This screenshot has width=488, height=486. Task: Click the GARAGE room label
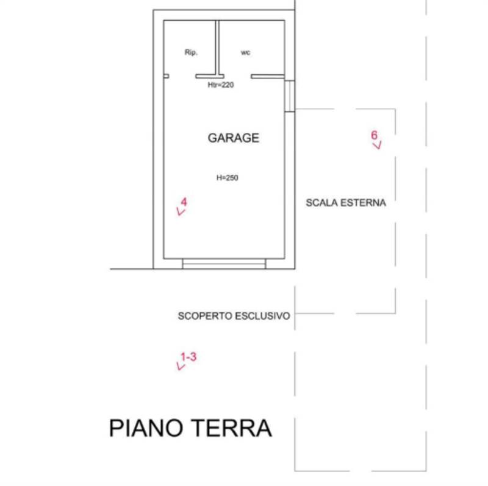(x=233, y=138)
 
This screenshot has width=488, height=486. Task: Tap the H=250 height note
(x=227, y=178)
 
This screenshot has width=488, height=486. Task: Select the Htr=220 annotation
(x=221, y=85)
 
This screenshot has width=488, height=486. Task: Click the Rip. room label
(x=190, y=52)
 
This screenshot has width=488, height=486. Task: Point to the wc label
(x=245, y=52)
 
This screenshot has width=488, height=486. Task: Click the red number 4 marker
(x=184, y=202)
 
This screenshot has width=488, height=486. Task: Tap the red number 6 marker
(x=375, y=135)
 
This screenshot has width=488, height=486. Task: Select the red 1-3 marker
(x=188, y=357)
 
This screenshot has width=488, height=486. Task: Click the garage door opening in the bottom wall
(x=224, y=263)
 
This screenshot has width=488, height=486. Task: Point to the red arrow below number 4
(x=180, y=212)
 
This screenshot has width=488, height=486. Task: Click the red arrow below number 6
(x=377, y=146)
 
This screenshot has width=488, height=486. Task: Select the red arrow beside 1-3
(x=180, y=366)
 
